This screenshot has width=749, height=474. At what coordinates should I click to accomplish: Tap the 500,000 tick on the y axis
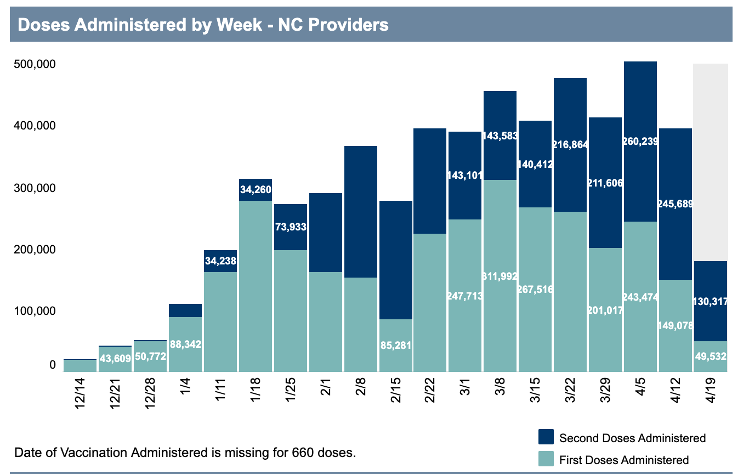click(33, 64)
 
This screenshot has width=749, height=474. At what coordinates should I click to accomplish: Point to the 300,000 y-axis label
click(33, 188)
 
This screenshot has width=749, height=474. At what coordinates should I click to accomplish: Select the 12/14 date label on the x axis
click(80, 390)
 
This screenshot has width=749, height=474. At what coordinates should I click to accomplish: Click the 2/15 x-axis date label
click(396, 390)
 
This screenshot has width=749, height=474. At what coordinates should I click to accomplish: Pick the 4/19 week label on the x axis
click(711, 390)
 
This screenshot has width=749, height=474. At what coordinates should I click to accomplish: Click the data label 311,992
click(500, 276)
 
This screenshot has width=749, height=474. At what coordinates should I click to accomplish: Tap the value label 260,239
click(640, 142)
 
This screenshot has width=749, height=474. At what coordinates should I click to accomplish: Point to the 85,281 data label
click(395, 346)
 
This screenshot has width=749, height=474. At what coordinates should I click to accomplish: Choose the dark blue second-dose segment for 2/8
click(361, 211)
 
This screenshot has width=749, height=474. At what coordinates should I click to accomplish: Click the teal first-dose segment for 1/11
click(220, 322)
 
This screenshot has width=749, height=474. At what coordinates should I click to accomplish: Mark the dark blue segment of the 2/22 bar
click(430, 181)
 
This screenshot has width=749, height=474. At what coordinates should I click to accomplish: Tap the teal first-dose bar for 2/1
click(326, 322)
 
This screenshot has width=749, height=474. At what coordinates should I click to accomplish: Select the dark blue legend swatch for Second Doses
click(546, 437)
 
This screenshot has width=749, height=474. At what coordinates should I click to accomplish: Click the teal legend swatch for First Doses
click(546, 459)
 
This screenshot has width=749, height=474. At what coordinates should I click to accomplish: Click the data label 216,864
click(570, 145)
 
